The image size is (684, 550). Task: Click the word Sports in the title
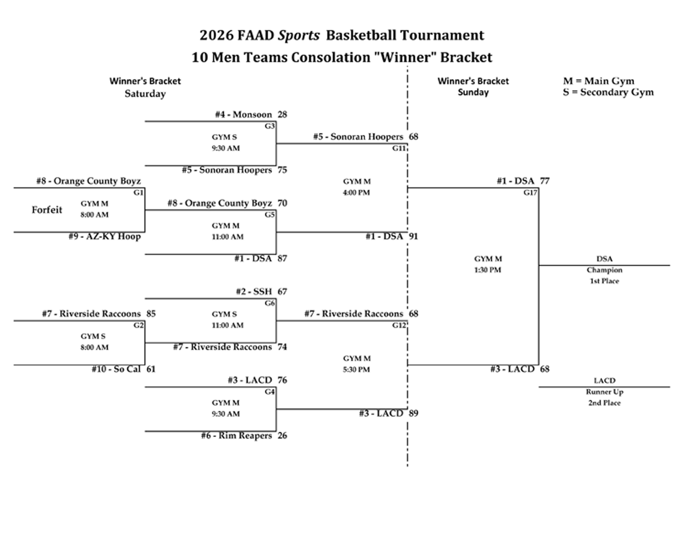[x=299, y=36]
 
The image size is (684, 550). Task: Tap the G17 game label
[x=530, y=192]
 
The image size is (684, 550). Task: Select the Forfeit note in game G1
[x=47, y=210]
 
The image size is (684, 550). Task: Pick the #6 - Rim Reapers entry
[x=236, y=436]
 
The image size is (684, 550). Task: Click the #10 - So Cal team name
[x=116, y=369]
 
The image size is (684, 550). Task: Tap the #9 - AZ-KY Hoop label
[x=105, y=236]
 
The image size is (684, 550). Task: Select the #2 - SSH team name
[x=254, y=292]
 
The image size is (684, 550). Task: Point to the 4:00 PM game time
[x=356, y=193]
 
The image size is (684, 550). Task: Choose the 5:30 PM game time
[x=356, y=370]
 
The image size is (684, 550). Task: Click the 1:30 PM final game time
[x=488, y=270]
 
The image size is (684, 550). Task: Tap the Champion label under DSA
[x=604, y=270]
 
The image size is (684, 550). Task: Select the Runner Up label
[x=604, y=392]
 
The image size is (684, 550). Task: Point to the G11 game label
[x=399, y=148]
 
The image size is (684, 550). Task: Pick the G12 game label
[x=399, y=325]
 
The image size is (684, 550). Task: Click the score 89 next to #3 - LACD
[x=413, y=413]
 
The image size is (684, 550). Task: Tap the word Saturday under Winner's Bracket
[x=145, y=94]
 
